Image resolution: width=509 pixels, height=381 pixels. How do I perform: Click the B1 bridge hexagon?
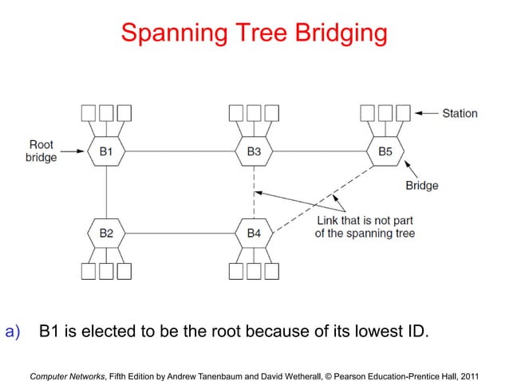(106, 151)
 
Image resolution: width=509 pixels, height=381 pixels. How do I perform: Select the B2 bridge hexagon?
(106, 233)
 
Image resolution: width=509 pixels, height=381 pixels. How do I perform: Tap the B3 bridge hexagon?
(253, 151)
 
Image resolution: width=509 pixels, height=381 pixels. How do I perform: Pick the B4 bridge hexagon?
(253, 233)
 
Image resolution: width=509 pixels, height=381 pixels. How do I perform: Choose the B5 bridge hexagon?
(385, 151)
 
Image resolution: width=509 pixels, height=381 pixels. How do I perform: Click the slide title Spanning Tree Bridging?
(254, 33)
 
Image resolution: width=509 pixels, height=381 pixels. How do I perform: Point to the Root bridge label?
(41, 151)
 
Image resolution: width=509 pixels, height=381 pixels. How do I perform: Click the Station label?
(460, 113)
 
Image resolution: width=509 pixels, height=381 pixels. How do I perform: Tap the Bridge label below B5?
(421, 186)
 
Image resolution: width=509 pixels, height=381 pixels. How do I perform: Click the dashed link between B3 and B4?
(253, 191)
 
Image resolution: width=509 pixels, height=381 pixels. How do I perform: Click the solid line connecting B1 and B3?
(180, 151)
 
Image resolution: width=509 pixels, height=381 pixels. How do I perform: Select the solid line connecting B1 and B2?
(106, 191)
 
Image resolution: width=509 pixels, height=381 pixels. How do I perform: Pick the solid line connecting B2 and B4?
(180, 233)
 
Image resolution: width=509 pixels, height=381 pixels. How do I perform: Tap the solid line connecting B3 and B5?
(319, 151)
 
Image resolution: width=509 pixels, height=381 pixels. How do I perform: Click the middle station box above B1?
(106, 112)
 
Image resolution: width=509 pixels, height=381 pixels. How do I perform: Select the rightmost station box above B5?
(404, 112)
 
